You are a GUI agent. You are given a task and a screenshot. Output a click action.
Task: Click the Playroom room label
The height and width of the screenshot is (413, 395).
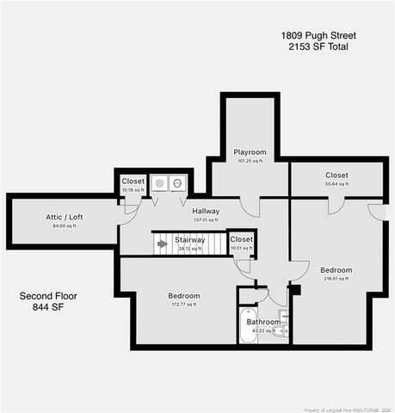(x=250, y=152)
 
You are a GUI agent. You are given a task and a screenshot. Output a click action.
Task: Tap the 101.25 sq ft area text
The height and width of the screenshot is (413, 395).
(x=250, y=161)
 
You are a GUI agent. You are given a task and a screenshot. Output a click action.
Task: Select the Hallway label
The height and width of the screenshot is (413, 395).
(x=206, y=211)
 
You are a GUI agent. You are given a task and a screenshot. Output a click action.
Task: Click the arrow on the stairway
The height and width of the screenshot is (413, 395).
(x=162, y=243)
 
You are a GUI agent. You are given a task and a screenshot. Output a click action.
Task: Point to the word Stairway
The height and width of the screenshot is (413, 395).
(x=189, y=240)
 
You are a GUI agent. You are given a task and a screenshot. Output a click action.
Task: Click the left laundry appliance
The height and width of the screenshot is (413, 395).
(x=159, y=182)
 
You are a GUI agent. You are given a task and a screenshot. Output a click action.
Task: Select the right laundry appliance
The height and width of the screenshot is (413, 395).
(x=177, y=182)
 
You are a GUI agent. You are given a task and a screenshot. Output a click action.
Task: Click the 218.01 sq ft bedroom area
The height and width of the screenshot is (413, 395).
(x=336, y=279)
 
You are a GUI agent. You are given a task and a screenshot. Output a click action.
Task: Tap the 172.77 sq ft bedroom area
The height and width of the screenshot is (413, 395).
(x=183, y=304)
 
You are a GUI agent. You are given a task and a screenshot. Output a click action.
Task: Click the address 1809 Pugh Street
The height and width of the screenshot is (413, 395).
(x=318, y=35)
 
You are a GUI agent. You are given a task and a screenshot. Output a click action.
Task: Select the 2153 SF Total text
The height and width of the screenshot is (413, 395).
(x=318, y=47)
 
